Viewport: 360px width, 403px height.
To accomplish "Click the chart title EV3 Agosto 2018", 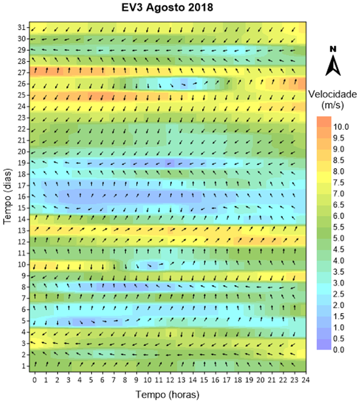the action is (x=167, y=7).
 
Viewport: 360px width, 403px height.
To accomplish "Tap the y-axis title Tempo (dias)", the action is (x=8, y=197).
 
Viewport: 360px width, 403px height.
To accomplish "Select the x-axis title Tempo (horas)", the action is (x=168, y=395).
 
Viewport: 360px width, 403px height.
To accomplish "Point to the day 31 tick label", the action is (x=22, y=27).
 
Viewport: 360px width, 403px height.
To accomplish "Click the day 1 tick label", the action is (x=24, y=366).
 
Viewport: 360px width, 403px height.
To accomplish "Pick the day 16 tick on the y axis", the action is (x=28, y=197).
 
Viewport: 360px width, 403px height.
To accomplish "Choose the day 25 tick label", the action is (x=22, y=95).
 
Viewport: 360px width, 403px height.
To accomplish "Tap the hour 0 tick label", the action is (x=35, y=379).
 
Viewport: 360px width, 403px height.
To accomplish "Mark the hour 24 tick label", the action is (x=305, y=379).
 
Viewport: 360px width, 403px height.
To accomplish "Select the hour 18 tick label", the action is (x=238, y=379).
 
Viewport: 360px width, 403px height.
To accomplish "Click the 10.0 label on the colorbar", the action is (x=341, y=127).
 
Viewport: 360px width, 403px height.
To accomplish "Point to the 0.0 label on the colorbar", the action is (x=339, y=350).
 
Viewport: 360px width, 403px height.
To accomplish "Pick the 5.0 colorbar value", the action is (x=339, y=239).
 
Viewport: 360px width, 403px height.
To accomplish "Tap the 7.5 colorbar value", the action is (x=339, y=183).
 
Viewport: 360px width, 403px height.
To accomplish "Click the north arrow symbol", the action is (x=333, y=66).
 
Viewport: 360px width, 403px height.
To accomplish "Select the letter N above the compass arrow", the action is (x=333, y=49).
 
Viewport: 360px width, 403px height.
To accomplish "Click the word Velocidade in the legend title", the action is (x=333, y=94).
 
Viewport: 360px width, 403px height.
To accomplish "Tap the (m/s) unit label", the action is (x=333, y=105).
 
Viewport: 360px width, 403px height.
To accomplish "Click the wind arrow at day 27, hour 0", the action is (x=36, y=70).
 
